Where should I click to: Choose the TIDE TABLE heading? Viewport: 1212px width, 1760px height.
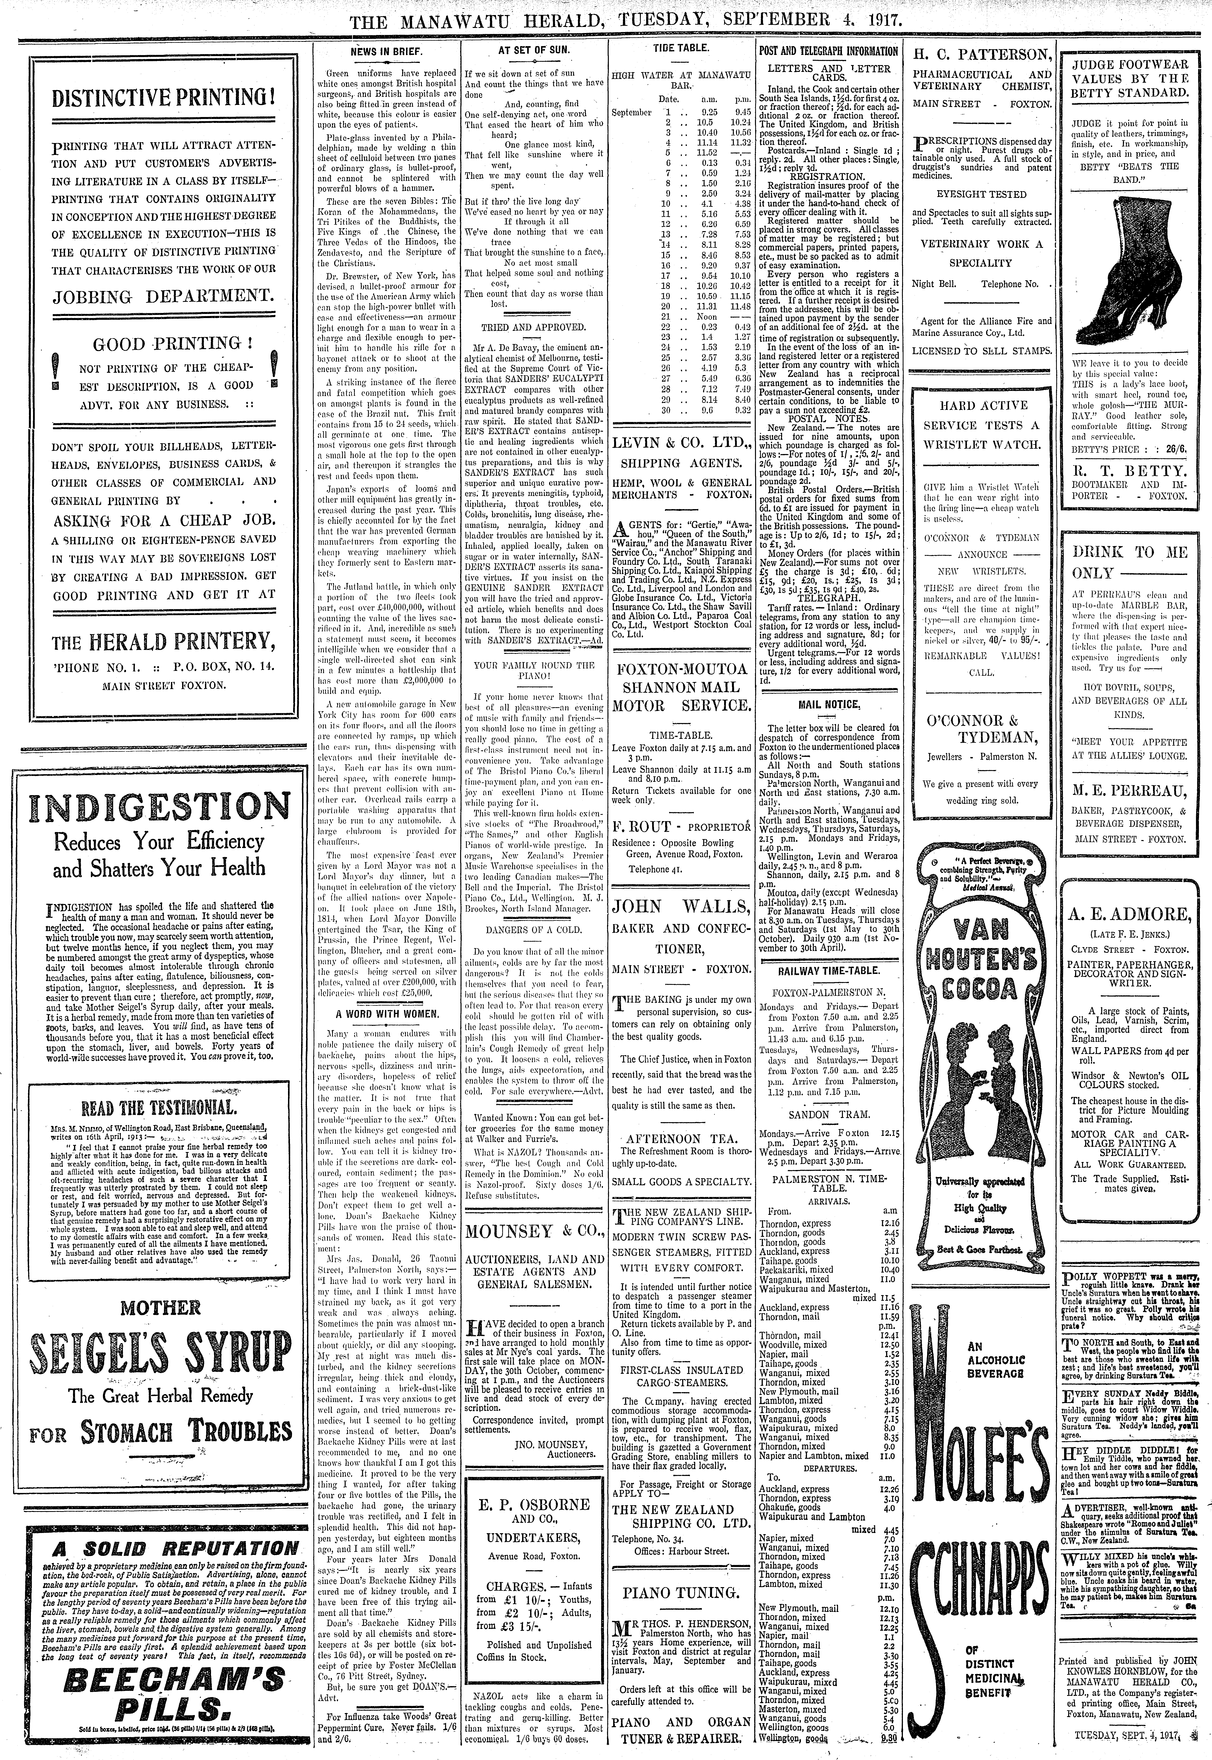click(680, 48)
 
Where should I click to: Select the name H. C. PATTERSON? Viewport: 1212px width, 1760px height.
click(982, 55)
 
